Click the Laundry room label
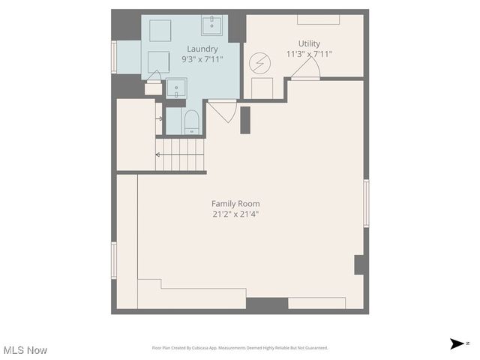[202, 49]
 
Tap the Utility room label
[309, 43]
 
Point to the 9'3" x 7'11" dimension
[202, 59]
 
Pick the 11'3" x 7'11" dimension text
[309, 54]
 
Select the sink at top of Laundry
[211, 25]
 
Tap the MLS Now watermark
[25, 350]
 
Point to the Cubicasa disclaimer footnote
[240, 348]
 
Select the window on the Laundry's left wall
[114, 57]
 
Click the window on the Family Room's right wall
[366, 202]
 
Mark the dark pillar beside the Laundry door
[245, 120]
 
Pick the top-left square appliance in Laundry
[159, 30]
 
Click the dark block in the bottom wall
[267, 304]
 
